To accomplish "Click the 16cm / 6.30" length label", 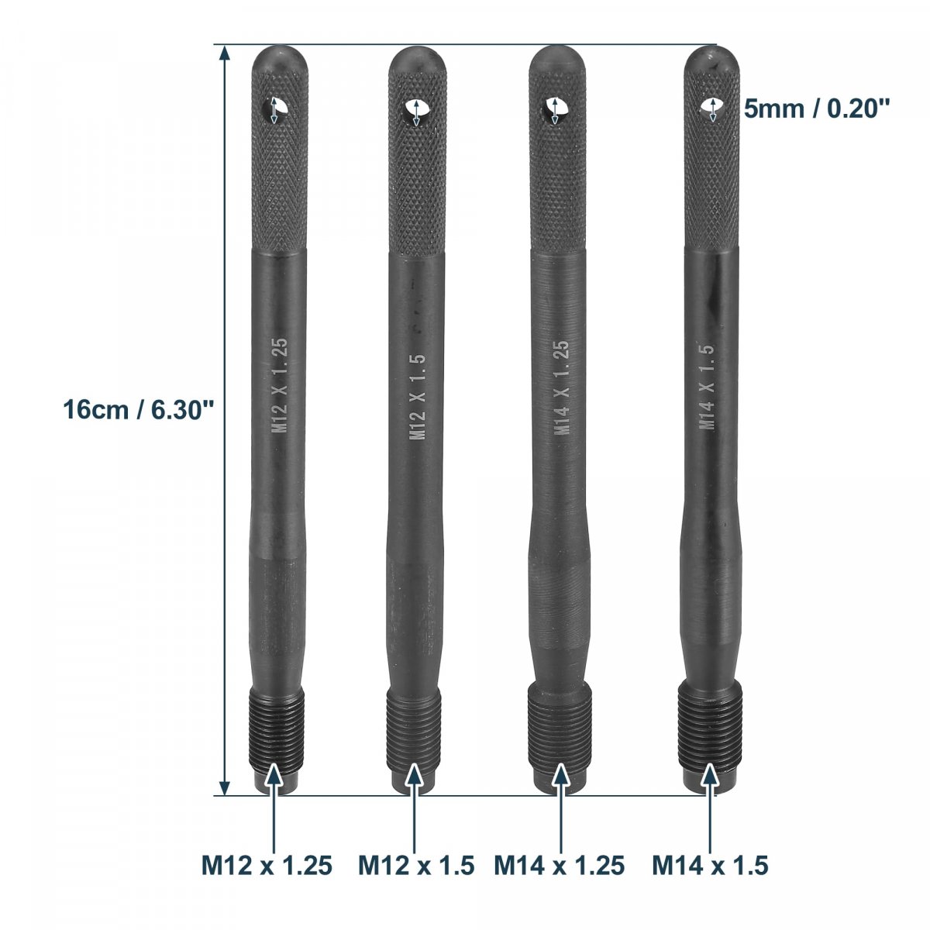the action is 138,411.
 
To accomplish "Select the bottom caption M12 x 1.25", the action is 267,866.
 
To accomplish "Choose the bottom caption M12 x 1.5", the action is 416,866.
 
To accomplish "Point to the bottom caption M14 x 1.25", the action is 560,866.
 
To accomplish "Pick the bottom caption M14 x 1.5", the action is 710,866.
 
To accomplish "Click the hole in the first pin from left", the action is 274,110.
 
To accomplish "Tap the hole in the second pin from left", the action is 416,112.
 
